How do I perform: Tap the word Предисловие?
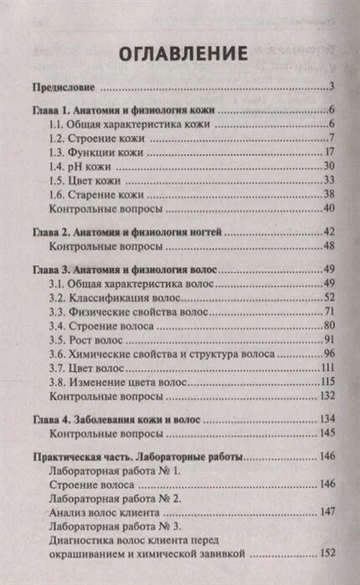60,86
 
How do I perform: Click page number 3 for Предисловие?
332,86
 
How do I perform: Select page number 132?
327,396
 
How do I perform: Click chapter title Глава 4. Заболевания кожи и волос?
121,419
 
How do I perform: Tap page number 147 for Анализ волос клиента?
327,512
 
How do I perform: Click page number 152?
327,553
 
